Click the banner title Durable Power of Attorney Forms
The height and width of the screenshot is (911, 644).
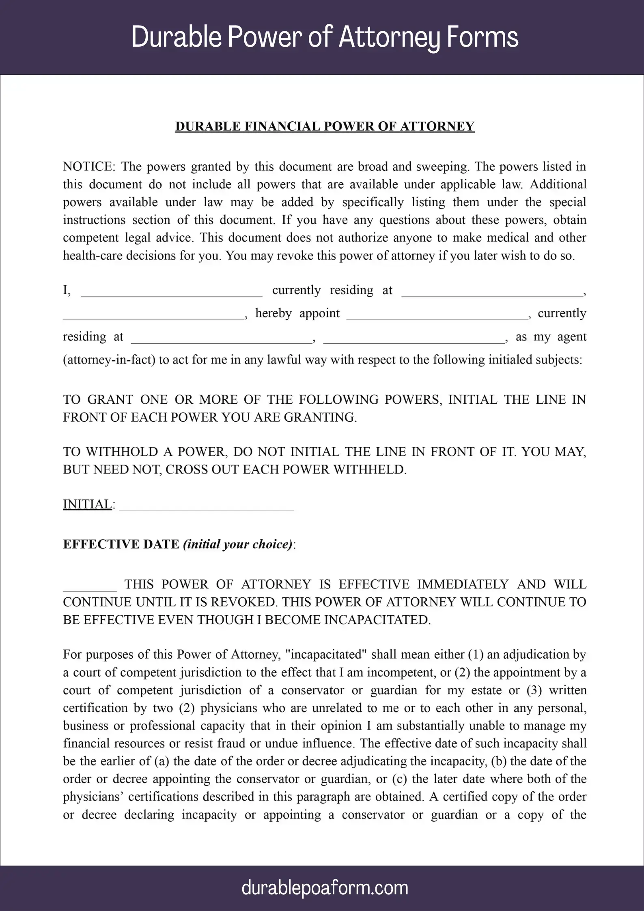coord(325,37)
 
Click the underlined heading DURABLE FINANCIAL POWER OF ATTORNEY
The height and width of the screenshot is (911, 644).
coord(325,127)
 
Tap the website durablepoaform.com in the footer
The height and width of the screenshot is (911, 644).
coord(325,888)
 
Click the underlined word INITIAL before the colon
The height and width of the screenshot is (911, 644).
coord(87,504)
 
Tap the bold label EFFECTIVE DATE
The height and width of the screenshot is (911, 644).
coord(121,544)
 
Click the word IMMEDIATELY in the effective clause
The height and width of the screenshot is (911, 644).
coord(463,584)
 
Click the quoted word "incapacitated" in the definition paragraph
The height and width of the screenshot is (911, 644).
coord(326,655)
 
